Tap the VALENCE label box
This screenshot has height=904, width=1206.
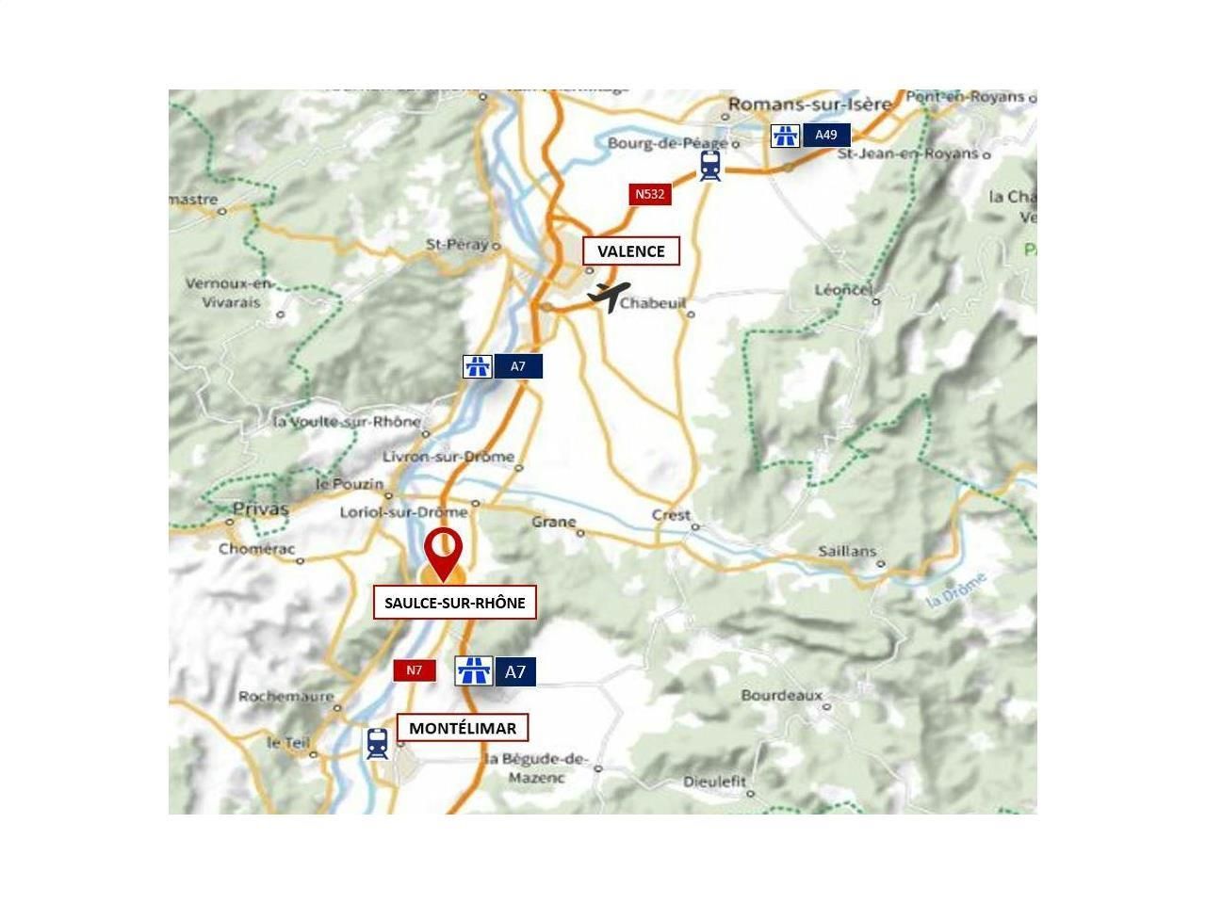[630, 251]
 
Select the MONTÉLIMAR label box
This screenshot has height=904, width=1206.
[463, 728]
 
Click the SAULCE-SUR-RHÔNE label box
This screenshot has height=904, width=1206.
[455, 603]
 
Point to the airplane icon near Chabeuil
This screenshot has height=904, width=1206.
[609, 295]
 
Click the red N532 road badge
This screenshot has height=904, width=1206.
[649, 195]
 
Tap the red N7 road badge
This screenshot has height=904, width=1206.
[415, 670]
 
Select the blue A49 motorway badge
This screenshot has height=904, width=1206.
[826, 135]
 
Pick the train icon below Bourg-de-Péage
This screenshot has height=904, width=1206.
[710, 166]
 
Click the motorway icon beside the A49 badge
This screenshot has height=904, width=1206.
[785, 135]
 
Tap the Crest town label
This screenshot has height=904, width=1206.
[671, 515]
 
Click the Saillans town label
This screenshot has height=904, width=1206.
[847, 551]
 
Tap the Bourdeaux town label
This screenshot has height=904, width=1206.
[781, 696]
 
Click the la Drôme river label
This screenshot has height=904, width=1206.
[957, 589]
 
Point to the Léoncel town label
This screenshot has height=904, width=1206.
[843, 289]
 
